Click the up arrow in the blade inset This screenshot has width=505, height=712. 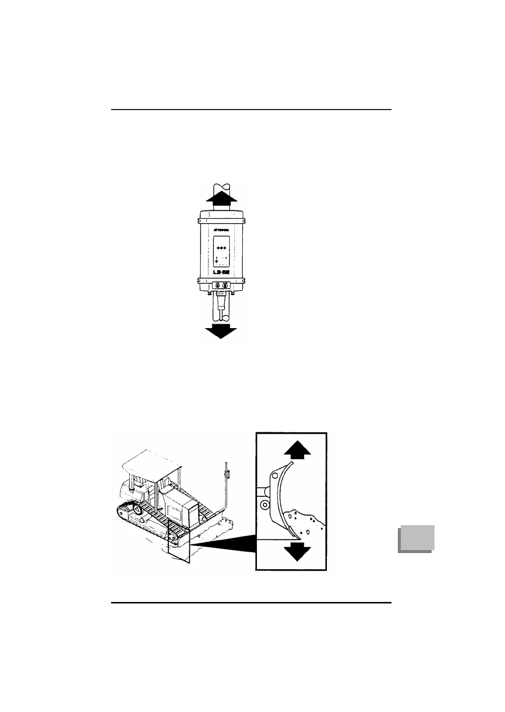click(x=297, y=449)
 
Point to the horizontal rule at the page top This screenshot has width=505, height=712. click(x=251, y=110)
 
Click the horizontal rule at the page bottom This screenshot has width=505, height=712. click(x=251, y=603)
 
